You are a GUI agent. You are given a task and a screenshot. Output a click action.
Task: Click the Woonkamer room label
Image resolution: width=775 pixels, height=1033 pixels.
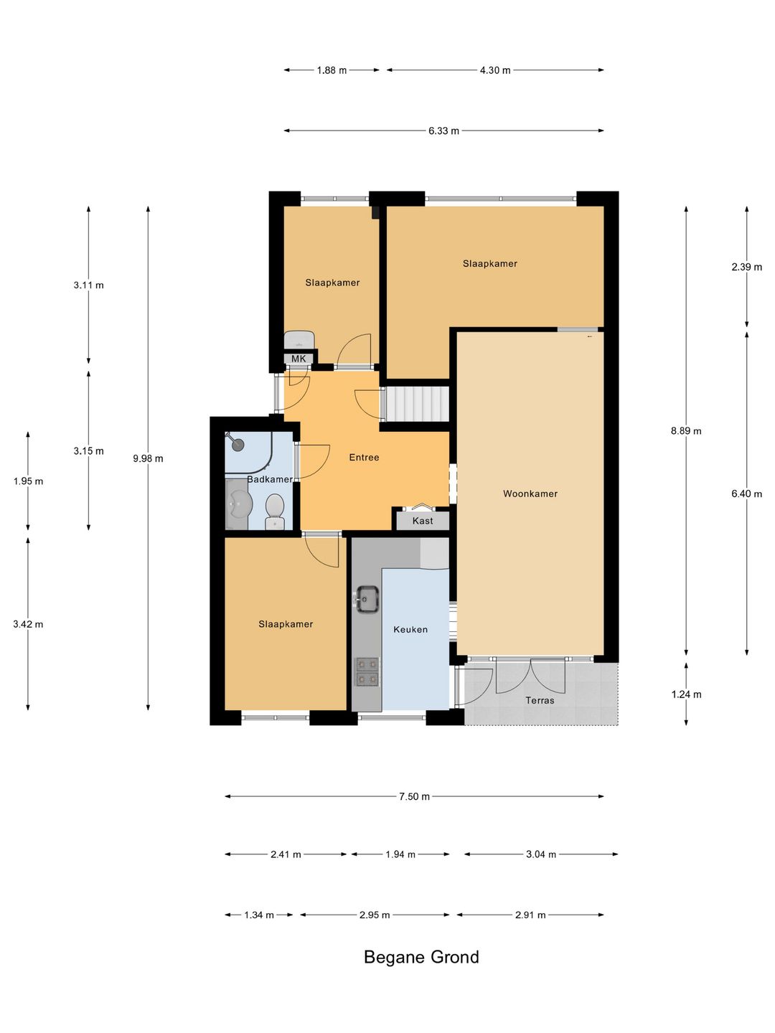[530, 494]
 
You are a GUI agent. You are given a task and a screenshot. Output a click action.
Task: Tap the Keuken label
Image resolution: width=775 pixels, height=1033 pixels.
[410, 629]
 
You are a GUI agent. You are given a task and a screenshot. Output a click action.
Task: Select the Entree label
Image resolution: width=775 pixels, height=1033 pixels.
[364, 457]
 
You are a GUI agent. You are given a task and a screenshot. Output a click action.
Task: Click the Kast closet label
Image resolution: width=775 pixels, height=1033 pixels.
[423, 521]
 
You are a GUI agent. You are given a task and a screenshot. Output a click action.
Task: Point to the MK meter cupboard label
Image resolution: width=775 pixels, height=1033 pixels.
[299, 359]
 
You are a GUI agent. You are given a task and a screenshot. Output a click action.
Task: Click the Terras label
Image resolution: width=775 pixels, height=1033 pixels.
[540, 700]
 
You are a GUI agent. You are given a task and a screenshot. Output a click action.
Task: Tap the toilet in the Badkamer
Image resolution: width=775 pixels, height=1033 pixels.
[274, 511]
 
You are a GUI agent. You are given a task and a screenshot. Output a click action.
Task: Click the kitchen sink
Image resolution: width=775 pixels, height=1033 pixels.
[367, 599]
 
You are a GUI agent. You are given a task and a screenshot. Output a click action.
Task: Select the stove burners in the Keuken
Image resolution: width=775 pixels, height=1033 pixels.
[367, 671]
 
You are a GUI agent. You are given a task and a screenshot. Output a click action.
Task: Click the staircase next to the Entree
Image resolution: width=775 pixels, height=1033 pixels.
[417, 405]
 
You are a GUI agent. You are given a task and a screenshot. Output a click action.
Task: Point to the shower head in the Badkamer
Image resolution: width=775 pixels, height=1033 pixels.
[238, 443]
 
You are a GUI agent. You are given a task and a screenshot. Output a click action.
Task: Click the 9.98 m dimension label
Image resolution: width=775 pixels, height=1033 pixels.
[148, 458]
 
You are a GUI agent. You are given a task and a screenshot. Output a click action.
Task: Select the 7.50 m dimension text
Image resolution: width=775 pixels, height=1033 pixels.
[414, 796]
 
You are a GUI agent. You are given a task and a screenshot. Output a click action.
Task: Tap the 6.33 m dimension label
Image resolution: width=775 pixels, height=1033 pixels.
[443, 131]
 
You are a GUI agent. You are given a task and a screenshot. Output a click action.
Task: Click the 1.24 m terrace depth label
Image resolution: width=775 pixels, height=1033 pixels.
[686, 694]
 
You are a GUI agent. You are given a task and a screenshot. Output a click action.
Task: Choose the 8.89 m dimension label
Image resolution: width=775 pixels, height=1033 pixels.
[686, 430]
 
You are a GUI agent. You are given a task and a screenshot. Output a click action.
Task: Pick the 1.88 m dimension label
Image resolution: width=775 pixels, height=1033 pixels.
[332, 70]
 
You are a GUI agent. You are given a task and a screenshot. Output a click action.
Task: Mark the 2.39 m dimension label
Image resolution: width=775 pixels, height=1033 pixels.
[746, 267]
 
